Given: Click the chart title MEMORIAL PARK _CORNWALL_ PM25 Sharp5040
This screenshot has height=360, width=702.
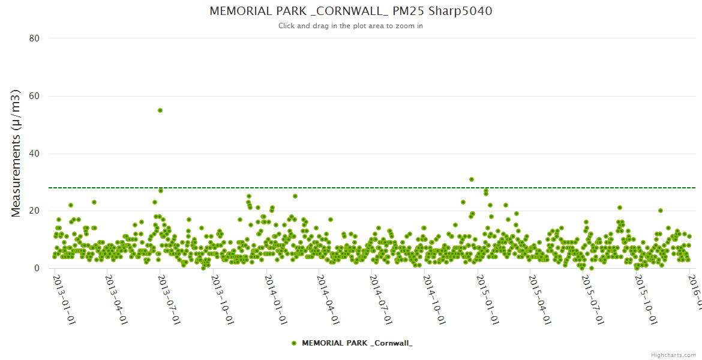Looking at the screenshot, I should (x=351, y=11).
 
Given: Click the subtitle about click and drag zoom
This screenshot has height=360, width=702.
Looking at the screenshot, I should (x=351, y=26).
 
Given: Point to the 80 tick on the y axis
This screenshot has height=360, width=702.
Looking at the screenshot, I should (x=34, y=38).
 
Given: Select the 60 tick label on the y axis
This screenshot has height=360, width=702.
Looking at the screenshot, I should (x=34, y=96).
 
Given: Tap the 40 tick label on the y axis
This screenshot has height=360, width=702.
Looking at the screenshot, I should (x=34, y=154).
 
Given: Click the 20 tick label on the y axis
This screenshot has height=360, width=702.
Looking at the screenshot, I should (x=34, y=211).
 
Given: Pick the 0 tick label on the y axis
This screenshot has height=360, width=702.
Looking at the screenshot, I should (x=37, y=269).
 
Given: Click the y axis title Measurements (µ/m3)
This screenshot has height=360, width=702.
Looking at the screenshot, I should (x=17, y=153).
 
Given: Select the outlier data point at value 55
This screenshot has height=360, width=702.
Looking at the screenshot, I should (x=160, y=110).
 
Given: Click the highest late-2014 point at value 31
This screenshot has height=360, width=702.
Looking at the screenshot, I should (x=472, y=179).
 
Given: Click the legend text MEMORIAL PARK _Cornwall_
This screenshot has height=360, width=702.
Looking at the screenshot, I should (x=357, y=343).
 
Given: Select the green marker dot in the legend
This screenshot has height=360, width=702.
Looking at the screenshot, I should (x=294, y=343).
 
